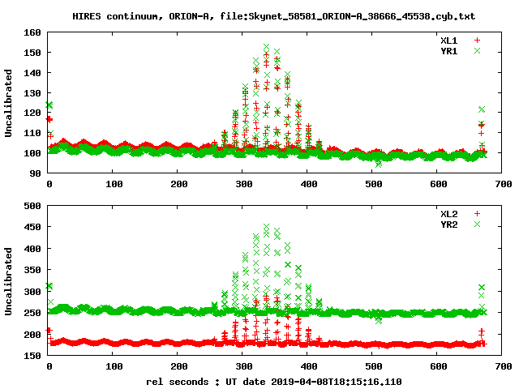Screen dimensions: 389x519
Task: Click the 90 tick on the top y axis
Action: click(x=35, y=173)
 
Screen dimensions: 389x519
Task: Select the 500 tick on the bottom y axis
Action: click(x=32, y=206)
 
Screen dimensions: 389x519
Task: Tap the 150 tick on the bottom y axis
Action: click(x=32, y=355)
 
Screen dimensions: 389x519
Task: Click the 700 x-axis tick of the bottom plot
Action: click(x=503, y=366)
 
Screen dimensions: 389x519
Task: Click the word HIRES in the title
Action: click(x=88, y=15)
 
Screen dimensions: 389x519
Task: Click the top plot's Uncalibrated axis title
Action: click(x=9, y=103)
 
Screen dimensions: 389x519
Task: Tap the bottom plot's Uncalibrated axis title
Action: click(x=9, y=280)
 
